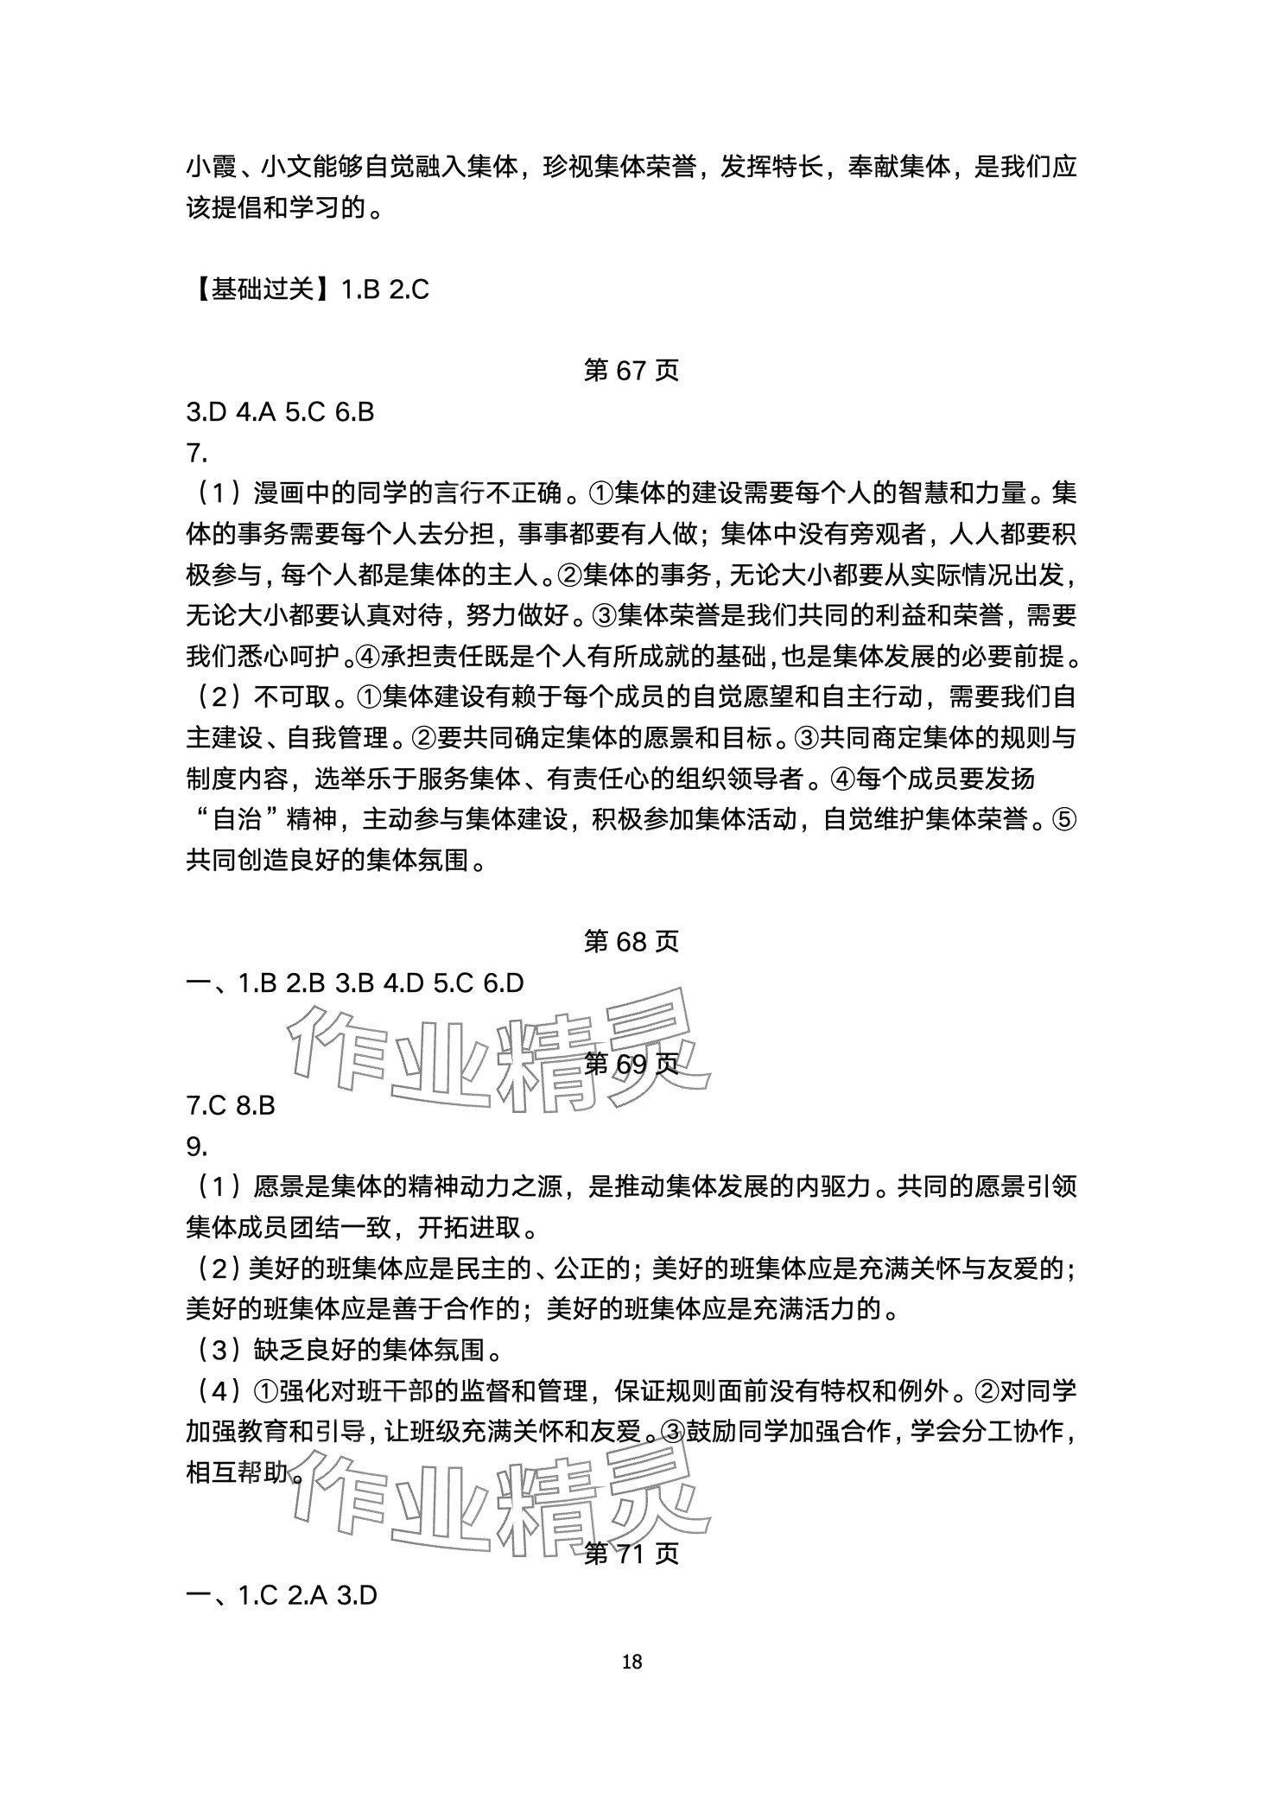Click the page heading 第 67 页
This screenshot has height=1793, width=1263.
pos(631,370)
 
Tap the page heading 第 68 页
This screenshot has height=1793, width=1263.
pos(631,941)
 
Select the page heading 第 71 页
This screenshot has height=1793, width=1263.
pos(631,1554)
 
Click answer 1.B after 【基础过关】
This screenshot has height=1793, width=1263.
pos(360,289)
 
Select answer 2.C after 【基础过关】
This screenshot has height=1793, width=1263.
pos(409,289)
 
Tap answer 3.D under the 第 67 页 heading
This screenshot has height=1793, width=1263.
pos(205,412)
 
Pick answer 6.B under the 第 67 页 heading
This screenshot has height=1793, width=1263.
pos(353,412)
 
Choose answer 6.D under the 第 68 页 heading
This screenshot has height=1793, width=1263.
pos(503,983)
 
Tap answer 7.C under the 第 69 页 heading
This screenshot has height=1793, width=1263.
pos(206,1105)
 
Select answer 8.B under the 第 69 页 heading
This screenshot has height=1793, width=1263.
pos(255,1105)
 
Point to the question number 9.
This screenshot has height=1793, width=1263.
pos(197,1146)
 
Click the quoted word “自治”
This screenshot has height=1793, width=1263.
pos(239,819)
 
